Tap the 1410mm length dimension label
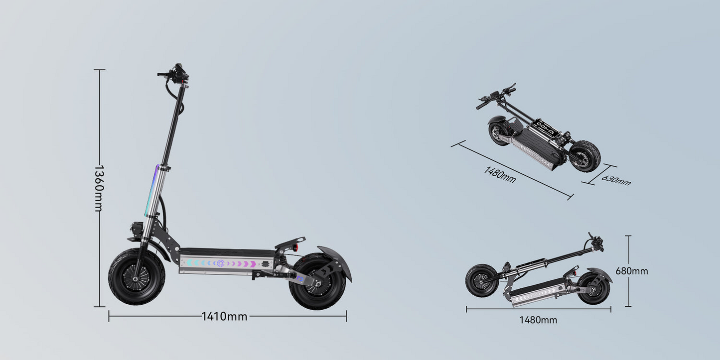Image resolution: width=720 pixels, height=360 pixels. pos(224,316)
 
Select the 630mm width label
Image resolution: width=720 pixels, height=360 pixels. pos(616,180)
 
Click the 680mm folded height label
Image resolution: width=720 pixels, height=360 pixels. pos(632,271)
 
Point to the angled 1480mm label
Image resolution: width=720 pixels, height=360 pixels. pos(500,174)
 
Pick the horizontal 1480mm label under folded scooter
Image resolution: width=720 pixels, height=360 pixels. pos(538,320)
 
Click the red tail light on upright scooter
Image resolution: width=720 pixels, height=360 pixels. pos(295,248)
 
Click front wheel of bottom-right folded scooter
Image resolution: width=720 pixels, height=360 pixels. pos(481,280)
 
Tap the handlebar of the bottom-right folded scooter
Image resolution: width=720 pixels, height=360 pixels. pos(595,243)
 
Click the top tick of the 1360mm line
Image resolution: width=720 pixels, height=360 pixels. pos(99,70)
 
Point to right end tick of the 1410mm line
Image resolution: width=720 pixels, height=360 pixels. pos(346,316)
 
